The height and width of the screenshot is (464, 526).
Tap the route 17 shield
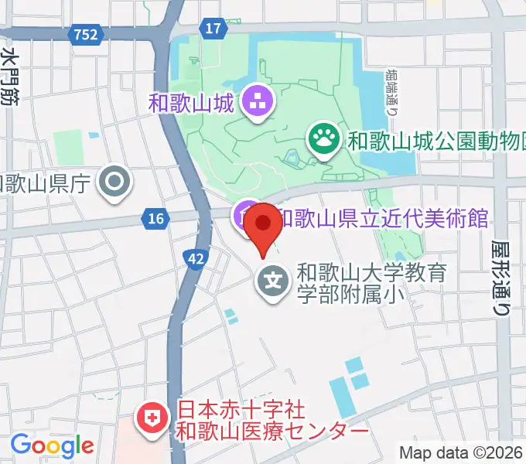click(213, 29)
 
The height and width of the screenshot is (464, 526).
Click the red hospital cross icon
click(151, 420)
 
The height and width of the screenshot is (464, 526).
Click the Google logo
click(52, 446)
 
